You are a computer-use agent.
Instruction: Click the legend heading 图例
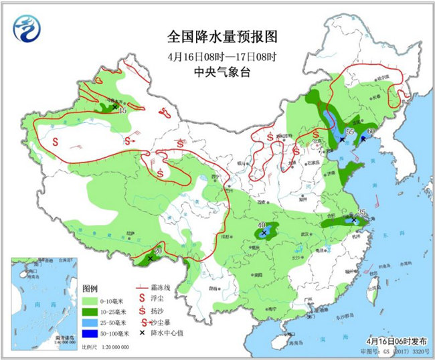[90, 288]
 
